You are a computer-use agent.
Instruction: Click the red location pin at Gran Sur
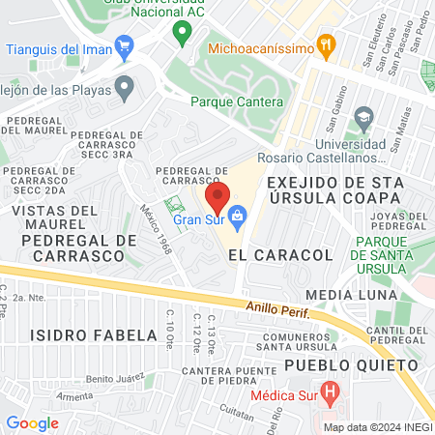tap(217, 197)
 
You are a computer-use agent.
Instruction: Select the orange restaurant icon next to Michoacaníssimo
tap(328, 44)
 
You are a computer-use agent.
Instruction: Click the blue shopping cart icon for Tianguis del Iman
tap(123, 45)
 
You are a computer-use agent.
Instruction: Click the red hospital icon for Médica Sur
tap(332, 394)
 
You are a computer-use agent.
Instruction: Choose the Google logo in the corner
tap(32, 422)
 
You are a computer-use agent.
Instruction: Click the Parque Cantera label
tap(237, 101)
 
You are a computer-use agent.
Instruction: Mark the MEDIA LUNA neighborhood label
tap(351, 294)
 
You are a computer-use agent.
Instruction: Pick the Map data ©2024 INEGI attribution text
tap(375, 426)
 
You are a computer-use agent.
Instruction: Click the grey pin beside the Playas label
tap(123, 88)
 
